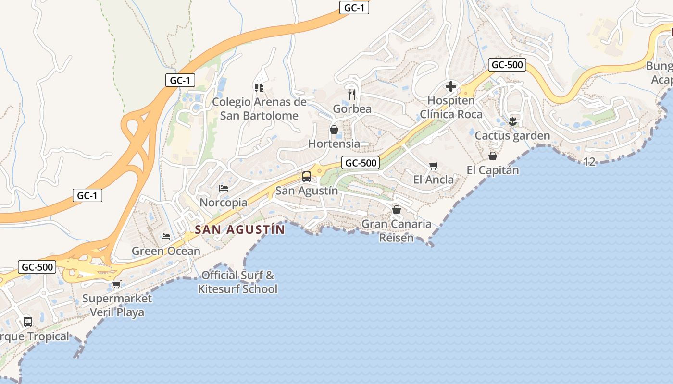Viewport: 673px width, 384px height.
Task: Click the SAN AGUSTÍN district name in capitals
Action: click(x=240, y=229)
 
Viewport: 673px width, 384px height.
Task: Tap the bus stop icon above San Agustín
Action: click(x=307, y=177)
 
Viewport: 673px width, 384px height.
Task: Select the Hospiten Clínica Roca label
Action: click(x=451, y=108)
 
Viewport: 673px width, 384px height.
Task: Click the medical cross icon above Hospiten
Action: click(x=451, y=86)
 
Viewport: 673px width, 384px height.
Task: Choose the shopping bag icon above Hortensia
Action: click(x=334, y=130)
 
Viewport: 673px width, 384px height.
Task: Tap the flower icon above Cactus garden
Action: click(x=512, y=121)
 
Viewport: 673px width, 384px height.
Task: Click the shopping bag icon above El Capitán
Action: click(x=493, y=156)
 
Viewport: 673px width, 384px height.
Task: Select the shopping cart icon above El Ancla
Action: click(x=434, y=166)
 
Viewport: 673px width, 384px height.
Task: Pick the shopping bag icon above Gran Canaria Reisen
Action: click(x=397, y=210)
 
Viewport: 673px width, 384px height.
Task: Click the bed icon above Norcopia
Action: click(x=224, y=188)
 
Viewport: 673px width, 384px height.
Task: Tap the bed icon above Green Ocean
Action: click(x=166, y=237)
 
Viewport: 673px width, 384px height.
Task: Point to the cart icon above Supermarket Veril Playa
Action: click(x=117, y=284)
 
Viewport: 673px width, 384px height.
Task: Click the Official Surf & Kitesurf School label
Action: click(x=238, y=282)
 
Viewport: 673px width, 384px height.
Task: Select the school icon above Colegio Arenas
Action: click(x=259, y=87)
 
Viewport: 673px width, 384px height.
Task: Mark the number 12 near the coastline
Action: click(x=589, y=162)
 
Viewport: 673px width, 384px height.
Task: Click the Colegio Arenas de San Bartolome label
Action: click(x=259, y=108)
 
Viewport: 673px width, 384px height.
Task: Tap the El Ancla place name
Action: click(x=434, y=180)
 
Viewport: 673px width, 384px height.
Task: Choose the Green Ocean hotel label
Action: click(x=166, y=251)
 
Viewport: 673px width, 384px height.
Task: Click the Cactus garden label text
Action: click(x=512, y=136)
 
